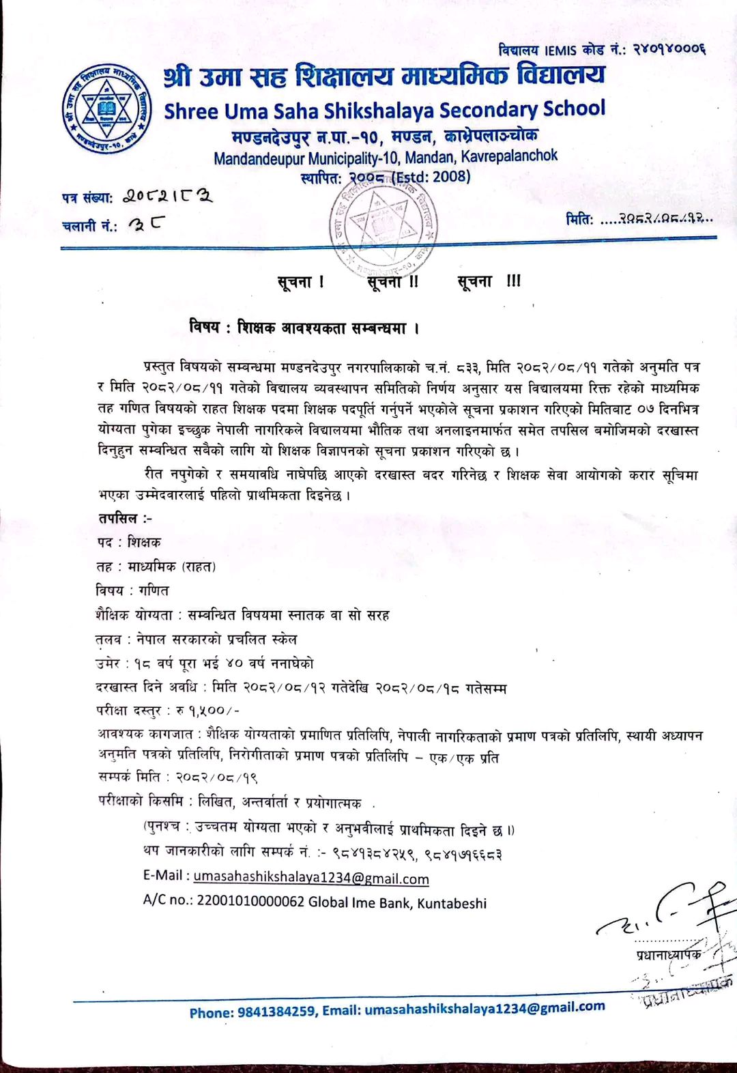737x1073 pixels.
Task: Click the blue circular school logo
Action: [x=106, y=109]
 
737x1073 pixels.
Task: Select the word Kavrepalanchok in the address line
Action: [x=509, y=156]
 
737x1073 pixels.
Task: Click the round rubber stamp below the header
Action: [x=383, y=226]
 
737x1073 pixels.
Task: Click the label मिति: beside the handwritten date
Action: [x=580, y=220]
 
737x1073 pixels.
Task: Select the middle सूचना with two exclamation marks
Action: [x=392, y=281]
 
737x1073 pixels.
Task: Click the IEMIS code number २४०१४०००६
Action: [x=668, y=49]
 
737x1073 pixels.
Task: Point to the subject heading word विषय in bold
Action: [x=204, y=328]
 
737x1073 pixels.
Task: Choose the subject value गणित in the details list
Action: [x=154, y=590]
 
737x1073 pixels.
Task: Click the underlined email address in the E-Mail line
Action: [x=311, y=878]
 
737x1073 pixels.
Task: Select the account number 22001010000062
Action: [x=250, y=902]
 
